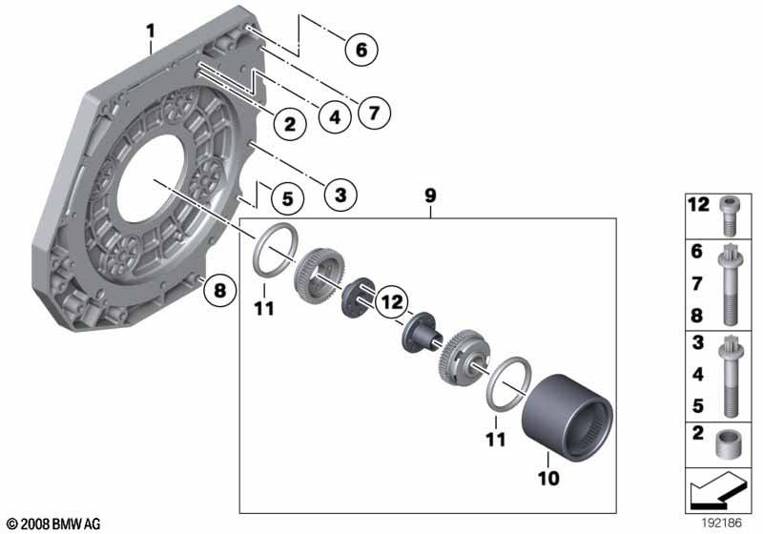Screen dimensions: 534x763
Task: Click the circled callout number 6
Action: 361,48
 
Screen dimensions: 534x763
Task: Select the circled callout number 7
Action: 373,113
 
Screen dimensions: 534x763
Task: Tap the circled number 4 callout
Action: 333,118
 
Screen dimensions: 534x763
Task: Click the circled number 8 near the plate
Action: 220,291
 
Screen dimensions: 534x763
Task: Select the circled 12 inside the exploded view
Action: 388,302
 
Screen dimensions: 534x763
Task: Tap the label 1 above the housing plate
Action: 150,32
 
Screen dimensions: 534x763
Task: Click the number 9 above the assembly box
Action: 430,195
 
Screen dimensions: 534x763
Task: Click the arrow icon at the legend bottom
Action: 716,493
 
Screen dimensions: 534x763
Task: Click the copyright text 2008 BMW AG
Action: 53,524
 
